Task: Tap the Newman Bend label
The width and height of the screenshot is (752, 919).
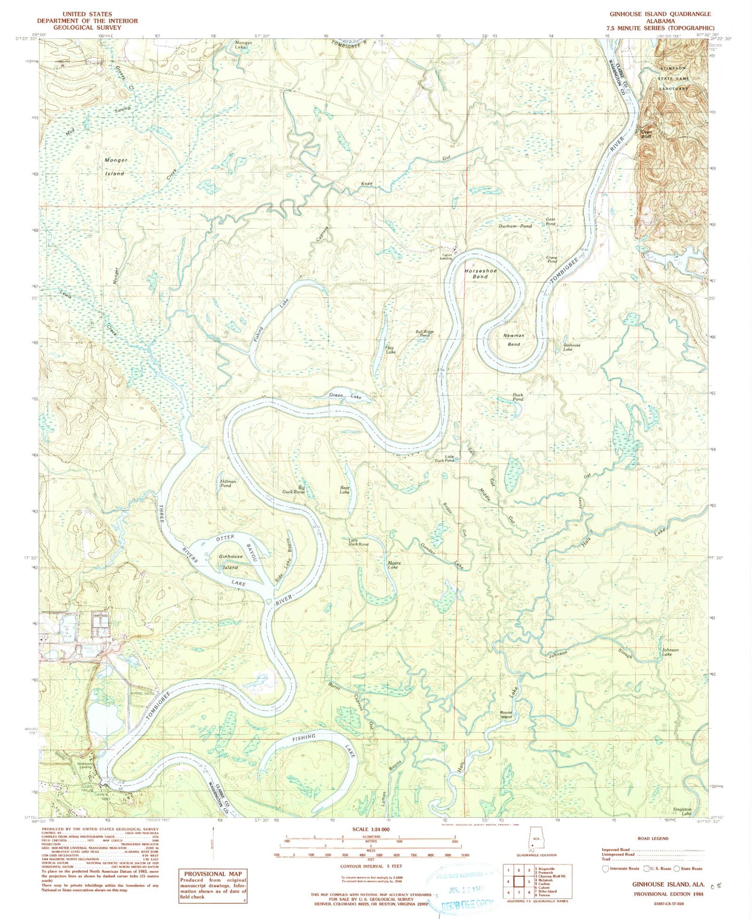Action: pos(514,340)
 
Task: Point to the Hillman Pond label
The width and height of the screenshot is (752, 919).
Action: pos(228,484)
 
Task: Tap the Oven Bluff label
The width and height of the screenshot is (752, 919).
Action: pos(646,134)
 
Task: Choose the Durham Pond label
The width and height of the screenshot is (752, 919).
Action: pos(515,226)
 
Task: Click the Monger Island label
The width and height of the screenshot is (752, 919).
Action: pos(115,166)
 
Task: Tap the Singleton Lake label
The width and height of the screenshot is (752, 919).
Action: pos(682,811)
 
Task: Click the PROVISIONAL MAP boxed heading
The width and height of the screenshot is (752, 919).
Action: pos(213,873)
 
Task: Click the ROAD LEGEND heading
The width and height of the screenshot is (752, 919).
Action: pos(653,838)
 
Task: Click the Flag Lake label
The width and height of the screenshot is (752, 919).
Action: pos(390,350)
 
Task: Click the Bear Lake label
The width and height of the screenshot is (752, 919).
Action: pos(345,489)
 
